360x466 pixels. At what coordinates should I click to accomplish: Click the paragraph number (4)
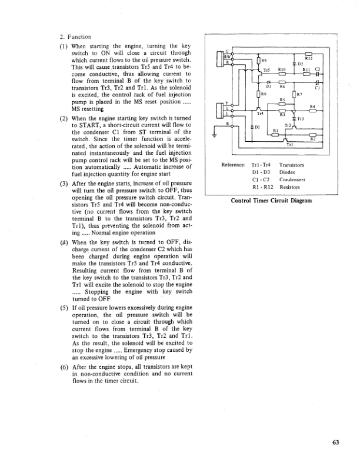[64, 242]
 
